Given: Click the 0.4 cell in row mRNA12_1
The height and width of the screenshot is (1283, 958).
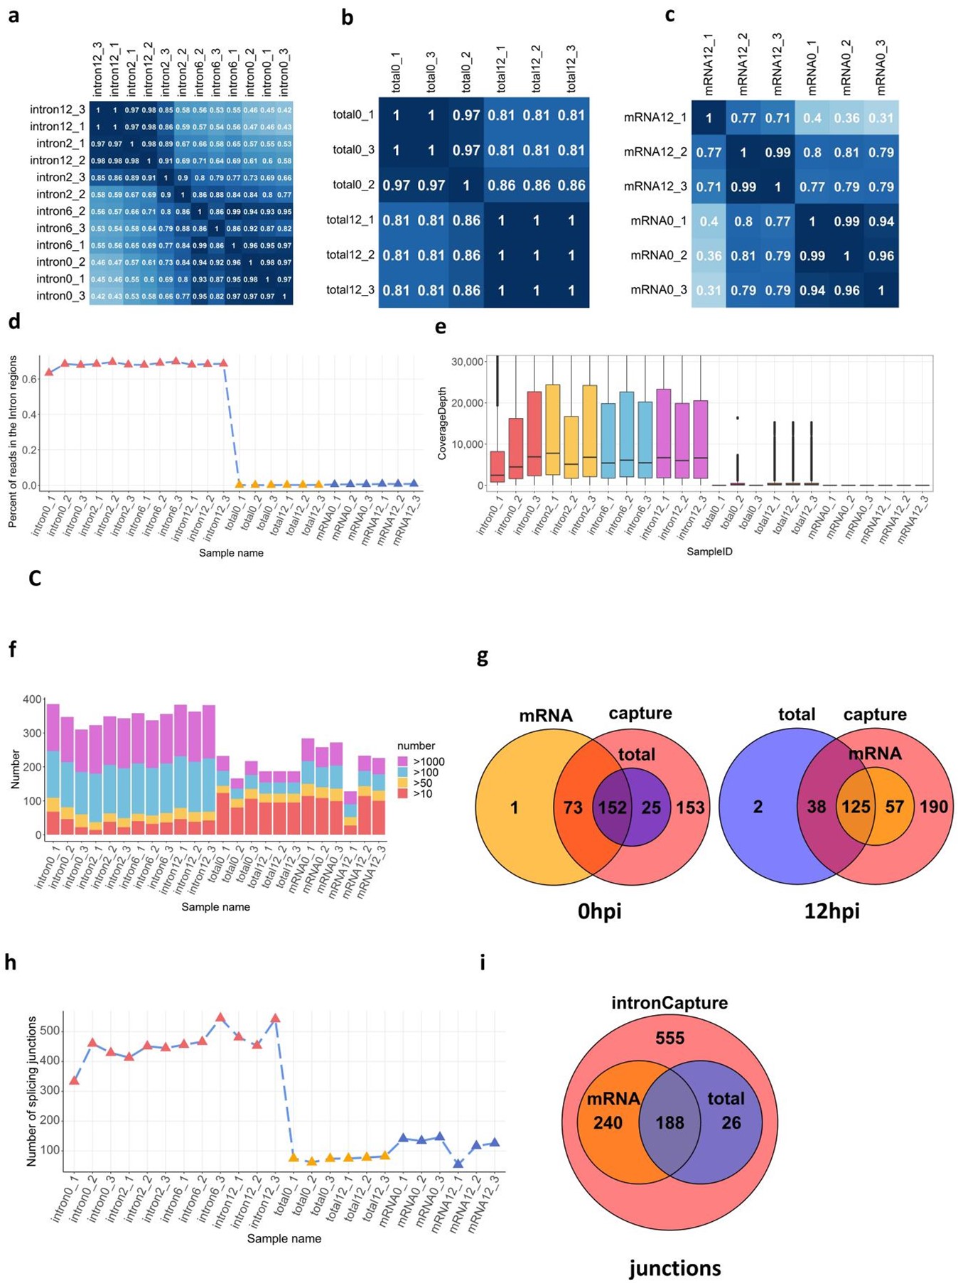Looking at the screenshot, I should [812, 117].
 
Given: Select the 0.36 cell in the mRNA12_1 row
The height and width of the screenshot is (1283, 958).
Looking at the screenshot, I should [846, 117].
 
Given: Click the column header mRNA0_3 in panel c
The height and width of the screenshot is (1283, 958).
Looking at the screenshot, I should [881, 68].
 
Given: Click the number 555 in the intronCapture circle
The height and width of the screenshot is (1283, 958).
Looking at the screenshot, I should [669, 1038].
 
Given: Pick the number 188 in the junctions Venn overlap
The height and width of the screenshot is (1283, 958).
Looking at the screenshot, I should [669, 1122].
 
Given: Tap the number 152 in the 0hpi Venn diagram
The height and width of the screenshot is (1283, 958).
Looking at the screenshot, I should [612, 807].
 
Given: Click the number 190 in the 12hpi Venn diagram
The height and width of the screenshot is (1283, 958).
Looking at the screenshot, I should [933, 807].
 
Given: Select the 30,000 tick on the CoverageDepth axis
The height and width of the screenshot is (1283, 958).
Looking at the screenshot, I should [468, 362].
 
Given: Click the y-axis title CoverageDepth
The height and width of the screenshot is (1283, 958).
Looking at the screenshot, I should [442, 423].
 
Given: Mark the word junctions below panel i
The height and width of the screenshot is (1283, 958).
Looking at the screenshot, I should [674, 1268].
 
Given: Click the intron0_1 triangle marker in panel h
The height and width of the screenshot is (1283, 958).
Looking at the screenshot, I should [74, 1080].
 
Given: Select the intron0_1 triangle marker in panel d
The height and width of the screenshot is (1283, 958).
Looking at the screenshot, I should [48, 372].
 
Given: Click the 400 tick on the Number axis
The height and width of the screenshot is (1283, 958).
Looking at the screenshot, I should [33, 699].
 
